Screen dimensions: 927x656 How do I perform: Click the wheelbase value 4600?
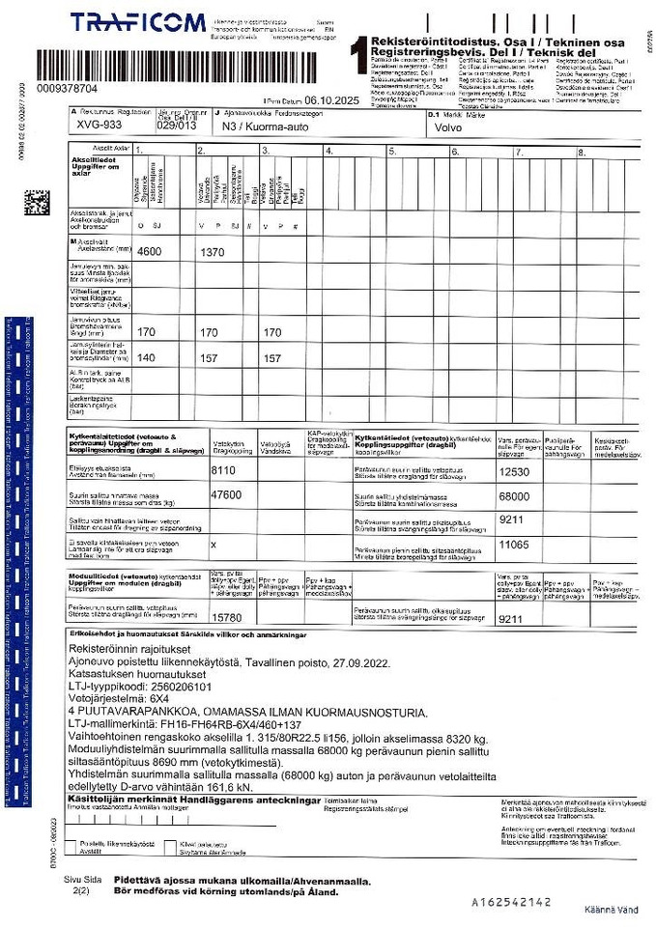149,251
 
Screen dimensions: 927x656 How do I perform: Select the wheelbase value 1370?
211,251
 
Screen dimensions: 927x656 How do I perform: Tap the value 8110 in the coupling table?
223,471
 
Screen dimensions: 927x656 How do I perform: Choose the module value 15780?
226,616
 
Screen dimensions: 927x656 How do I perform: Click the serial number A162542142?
511,901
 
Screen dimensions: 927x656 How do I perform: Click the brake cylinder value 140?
146,357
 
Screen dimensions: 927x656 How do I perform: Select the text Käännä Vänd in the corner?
611,910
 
